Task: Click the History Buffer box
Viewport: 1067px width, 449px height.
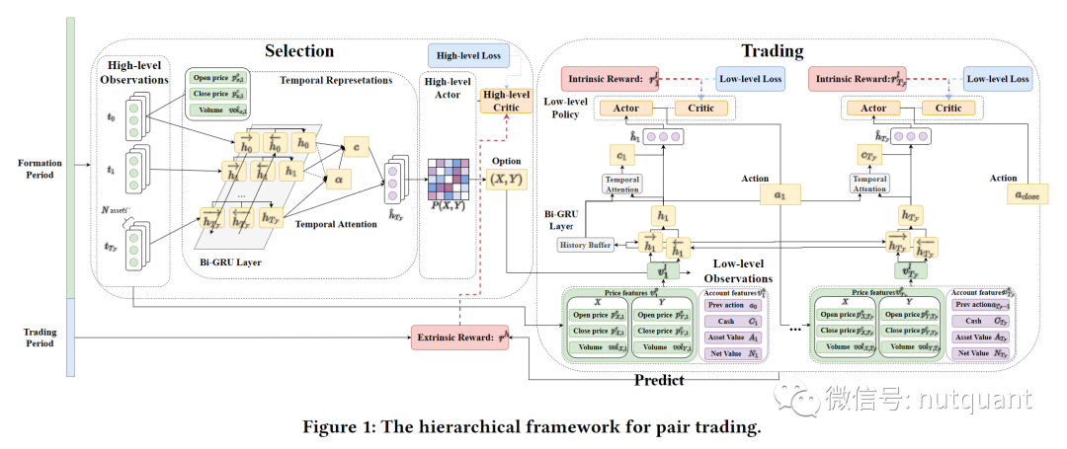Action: tap(587, 244)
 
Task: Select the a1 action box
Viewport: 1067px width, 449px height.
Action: tap(780, 195)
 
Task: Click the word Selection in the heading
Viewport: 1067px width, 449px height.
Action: tap(299, 50)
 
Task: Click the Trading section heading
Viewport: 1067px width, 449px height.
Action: tap(773, 50)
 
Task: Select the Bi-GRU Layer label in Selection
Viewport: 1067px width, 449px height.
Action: tap(227, 262)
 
